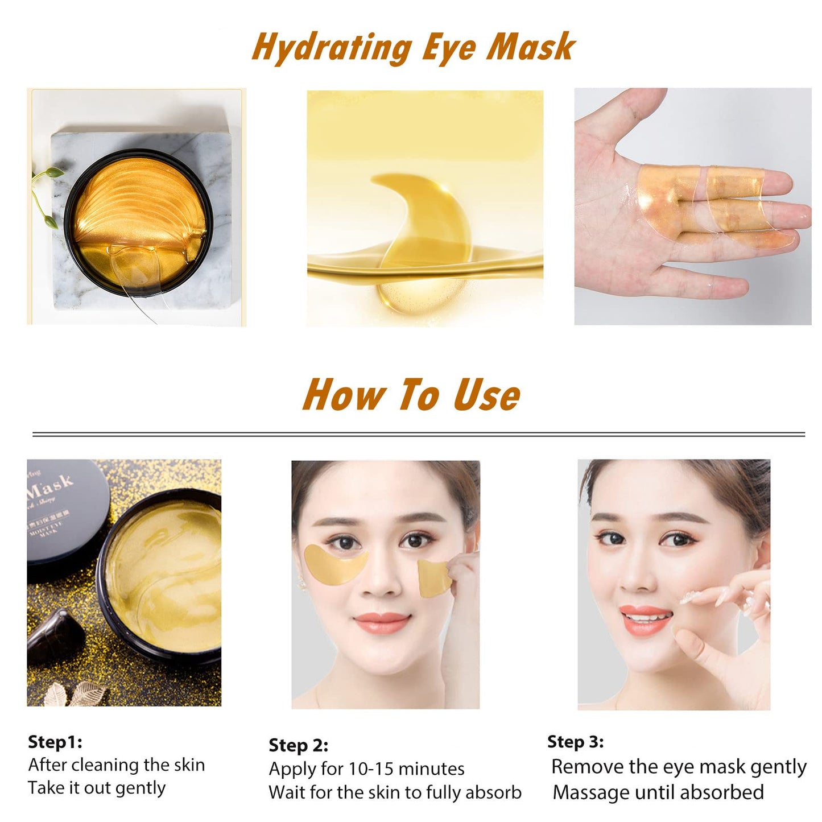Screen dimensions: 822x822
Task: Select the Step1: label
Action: click(x=55, y=742)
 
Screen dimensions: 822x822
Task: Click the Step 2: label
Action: click(x=298, y=745)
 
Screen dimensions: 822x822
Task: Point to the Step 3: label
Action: click(x=575, y=741)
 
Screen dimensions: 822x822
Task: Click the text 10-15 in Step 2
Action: click(x=370, y=769)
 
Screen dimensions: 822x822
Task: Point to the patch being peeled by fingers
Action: click(x=433, y=577)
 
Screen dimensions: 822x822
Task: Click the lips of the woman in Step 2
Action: click(x=382, y=622)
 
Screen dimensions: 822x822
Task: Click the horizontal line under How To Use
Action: click(x=418, y=435)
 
